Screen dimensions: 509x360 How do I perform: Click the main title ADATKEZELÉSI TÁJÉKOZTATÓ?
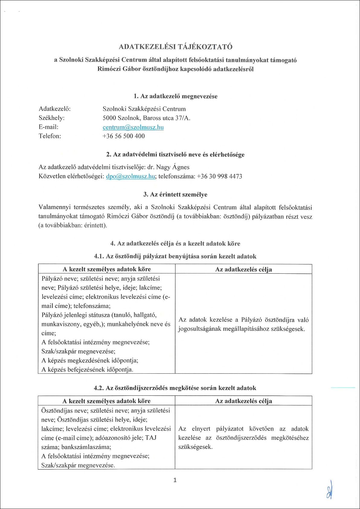[175, 47]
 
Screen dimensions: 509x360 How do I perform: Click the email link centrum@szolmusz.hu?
[133, 127]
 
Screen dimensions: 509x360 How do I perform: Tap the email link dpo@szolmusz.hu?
[130, 176]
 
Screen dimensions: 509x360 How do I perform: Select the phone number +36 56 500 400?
[124, 136]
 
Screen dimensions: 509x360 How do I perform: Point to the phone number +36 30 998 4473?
[220, 176]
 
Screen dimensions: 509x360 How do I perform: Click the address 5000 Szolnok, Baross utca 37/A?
[146, 118]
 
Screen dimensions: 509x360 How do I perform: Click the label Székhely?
[51, 118]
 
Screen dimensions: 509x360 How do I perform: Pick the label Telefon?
[50, 136]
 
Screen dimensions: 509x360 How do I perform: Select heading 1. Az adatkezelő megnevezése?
[175, 96]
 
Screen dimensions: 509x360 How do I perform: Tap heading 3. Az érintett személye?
[175, 195]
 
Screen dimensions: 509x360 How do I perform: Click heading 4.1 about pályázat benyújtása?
[175, 256]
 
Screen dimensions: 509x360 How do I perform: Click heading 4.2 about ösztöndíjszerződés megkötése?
[175, 388]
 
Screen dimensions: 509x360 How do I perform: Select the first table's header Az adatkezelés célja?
[243, 269]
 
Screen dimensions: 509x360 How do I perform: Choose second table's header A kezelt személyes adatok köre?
[106, 401]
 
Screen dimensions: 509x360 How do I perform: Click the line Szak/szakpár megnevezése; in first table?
[78, 351]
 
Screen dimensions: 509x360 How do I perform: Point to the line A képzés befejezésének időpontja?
[87, 369]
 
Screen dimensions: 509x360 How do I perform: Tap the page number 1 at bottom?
[175, 480]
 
